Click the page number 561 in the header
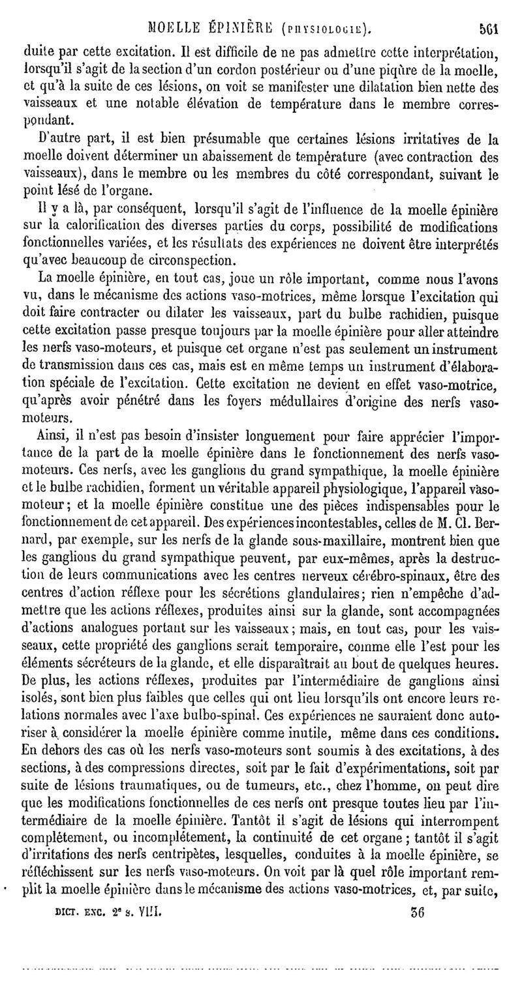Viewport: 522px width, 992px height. point(489,28)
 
